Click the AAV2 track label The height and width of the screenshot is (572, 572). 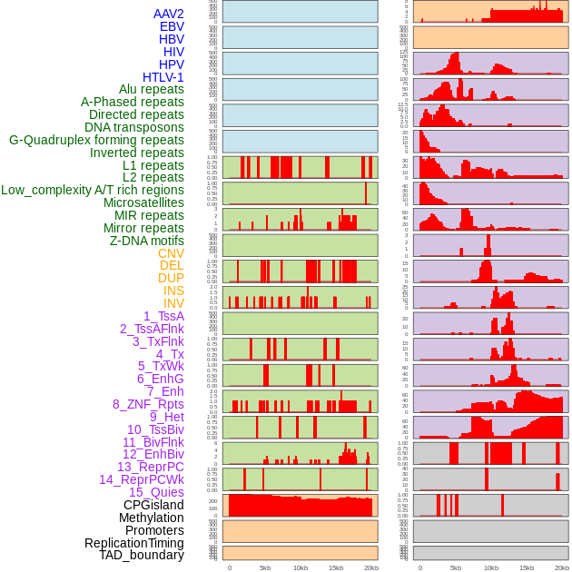point(168,15)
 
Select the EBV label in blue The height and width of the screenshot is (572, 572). point(172,27)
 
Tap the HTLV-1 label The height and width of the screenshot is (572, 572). point(163,77)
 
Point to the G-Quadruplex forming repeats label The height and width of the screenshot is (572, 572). point(96,140)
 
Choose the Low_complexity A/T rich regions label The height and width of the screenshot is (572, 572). point(93,190)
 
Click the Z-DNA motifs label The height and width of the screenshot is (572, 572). point(146,241)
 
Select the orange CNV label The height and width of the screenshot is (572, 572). point(171,253)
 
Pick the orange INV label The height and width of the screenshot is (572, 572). point(173,303)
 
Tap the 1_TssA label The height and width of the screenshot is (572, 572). point(163,316)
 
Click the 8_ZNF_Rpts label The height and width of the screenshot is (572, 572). point(148,404)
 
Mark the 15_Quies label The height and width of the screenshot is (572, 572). point(156,492)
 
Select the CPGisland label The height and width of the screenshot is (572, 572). point(153,505)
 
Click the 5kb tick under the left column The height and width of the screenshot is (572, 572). point(265,567)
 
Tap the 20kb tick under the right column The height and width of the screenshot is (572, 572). point(562,567)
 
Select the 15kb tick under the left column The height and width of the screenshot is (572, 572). point(336,567)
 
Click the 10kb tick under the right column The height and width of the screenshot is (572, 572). point(491,567)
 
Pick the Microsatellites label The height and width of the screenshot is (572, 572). point(143,202)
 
